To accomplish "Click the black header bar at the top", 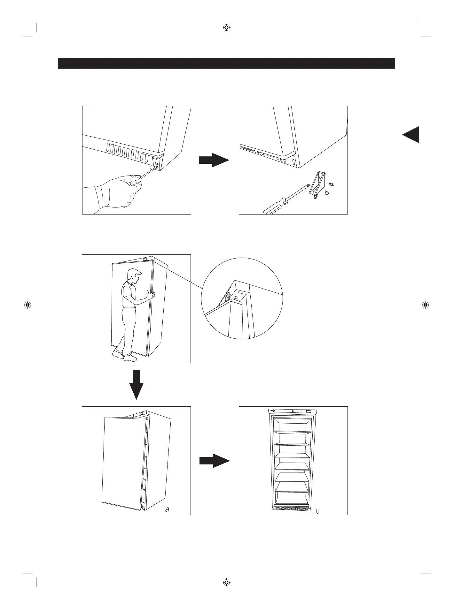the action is (x=226, y=63).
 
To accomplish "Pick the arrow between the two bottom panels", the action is (x=214, y=461).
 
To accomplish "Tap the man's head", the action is (x=133, y=275).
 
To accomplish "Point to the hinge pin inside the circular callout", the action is (x=236, y=298).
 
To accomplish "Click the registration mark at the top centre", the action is (x=226, y=27).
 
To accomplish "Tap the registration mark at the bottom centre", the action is (x=226, y=582).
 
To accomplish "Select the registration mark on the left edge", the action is (x=27, y=305).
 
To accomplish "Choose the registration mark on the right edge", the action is (x=425, y=305).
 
